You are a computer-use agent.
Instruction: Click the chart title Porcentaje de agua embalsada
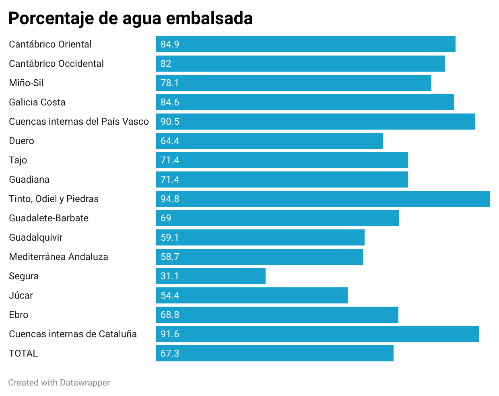pyautogui.click(x=130, y=19)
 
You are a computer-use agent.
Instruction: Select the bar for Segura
pyautogui.click(x=210, y=276)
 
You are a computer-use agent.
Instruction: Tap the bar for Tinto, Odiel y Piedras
pyautogui.click(x=323, y=199)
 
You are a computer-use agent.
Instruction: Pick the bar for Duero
pyautogui.click(x=269, y=141)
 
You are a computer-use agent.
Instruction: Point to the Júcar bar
pyautogui.click(x=252, y=295)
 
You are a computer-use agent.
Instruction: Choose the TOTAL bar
pyautogui.click(x=274, y=353)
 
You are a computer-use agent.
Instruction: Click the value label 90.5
pyautogui.click(x=170, y=122)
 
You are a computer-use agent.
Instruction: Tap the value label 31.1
pyautogui.click(x=169, y=276)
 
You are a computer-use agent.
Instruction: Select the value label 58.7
pyautogui.click(x=170, y=257)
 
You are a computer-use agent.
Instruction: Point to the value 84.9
pyautogui.click(x=170, y=44)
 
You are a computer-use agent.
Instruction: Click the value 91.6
pyautogui.click(x=170, y=334)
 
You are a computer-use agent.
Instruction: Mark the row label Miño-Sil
pyautogui.click(x=26, y=83)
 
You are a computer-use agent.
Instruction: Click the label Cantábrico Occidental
pyautogui.click(x=56, y=64)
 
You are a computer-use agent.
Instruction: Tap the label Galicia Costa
pyautogui.click(x=37, y=102)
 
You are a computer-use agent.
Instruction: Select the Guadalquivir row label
pyautogui.click(x=36, y=237)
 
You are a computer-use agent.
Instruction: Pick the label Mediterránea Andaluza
pyautogui.click(x=58, y=257)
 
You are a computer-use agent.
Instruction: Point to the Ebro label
pyautogui.click(x=19, y=315)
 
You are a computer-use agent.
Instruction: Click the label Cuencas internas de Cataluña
pyautogui.click(x=73, y=334)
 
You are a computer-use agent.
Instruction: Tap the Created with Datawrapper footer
pyautogui.click(x=59, y=383)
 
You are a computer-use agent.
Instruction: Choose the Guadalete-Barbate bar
pyautogui.click(x=277, y=218)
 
